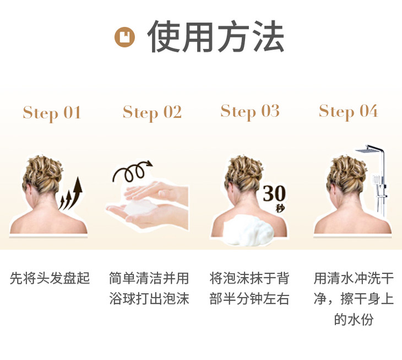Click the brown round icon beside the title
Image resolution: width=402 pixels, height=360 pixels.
(124, 37)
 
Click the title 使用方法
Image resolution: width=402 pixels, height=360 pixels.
(216, 36)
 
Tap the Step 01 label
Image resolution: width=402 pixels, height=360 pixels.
(52, 113)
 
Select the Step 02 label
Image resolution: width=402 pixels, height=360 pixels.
(152, 112)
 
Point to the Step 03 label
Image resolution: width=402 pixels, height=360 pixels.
(250, 111)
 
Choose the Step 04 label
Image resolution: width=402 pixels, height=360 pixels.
(348, 111)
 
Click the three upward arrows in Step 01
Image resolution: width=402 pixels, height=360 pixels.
(71, 193)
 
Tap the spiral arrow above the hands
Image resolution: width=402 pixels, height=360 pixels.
(132, 171)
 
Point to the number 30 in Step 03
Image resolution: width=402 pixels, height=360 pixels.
(274, 193)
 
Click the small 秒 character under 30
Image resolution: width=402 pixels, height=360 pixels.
(280, 208)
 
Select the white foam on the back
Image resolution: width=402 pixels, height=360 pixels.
(248, 230)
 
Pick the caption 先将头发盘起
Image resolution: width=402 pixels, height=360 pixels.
(50, 278)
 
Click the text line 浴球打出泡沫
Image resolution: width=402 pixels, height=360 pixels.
(149, 298)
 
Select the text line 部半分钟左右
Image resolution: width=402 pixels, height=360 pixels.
(249, 298)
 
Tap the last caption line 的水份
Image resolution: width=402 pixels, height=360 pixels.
(354, 319)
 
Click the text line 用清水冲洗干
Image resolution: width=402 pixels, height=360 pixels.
(354, 278)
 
